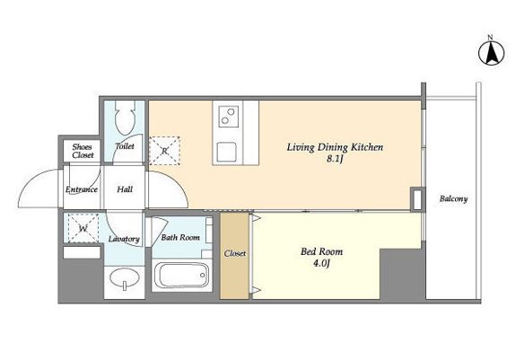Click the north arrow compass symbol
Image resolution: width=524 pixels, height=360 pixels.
point(491,52)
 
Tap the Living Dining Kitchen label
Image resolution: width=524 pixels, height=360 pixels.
point(335,147)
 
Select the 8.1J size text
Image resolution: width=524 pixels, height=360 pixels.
point(335,159)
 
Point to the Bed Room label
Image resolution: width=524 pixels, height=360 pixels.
point(321,251)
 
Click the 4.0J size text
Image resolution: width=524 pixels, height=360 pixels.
point(321,263)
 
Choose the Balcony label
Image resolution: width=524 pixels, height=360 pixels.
point(453,199)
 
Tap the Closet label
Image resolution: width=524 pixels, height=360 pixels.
point(235,254)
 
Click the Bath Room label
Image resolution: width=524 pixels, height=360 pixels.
point(180,238)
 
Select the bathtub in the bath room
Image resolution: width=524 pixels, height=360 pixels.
point(182,275)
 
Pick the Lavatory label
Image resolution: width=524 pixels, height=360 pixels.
point(124,239)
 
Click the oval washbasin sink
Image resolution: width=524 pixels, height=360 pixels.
point(125,278)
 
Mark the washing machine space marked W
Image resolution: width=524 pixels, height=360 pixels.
point(83,228)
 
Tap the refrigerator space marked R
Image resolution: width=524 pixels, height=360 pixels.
point(164,151)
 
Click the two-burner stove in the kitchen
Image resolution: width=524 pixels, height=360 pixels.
point(229,117)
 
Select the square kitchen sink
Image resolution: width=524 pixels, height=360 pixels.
point(227,152)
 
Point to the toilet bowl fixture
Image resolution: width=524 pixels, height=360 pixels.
point(125,118)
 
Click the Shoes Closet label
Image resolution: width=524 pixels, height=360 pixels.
point(83,151)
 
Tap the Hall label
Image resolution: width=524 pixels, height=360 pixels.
point(125,189)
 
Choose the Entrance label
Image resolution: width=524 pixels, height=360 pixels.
point(82,189)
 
